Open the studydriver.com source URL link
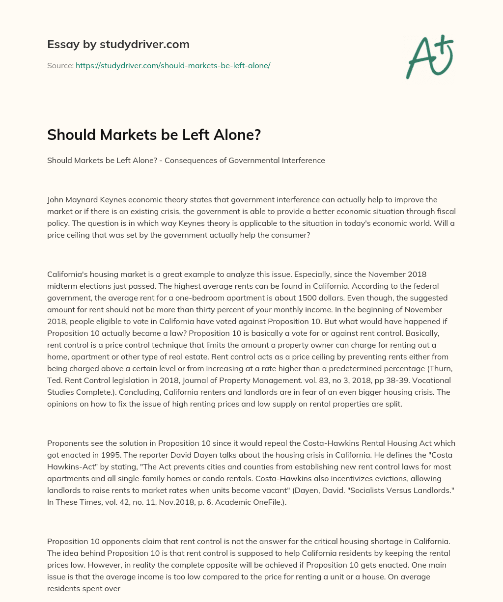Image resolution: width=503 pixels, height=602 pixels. click(x=173, y=65)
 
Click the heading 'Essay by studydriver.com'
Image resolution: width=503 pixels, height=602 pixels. click(x=118, y=44)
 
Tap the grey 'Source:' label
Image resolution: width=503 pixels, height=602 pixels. click(x=60, y=65)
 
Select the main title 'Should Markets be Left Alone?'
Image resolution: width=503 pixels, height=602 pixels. click(x=154, y=135)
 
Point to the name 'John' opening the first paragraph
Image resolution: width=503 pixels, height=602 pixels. click(x=56, y=200)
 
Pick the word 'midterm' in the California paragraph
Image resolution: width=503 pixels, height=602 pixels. click(x=61, y=286)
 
